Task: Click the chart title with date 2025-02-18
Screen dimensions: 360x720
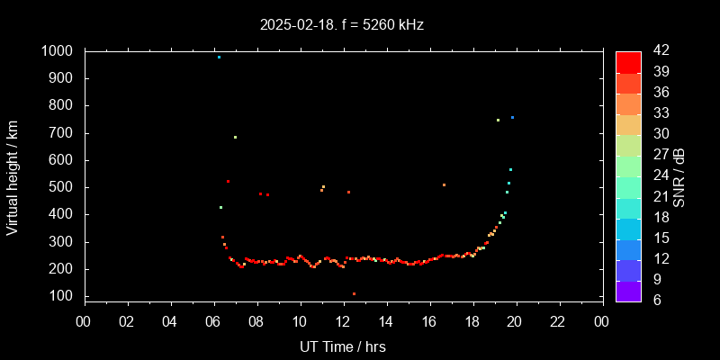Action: (x=341, y=24)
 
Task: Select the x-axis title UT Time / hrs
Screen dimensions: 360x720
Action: (x=343, y=346)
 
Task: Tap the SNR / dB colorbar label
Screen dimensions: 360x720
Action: (x=679, y=175)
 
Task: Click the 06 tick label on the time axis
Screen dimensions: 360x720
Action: (x=213, y=320)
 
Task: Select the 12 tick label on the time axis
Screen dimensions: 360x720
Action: (x=343, y=320)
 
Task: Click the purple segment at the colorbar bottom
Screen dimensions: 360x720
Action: (x=628, y=291)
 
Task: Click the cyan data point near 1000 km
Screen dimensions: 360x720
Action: (x=219, y=57)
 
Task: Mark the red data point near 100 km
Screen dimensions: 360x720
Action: (x=354, y=293)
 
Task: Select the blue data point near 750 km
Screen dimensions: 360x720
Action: (x=512, y=117)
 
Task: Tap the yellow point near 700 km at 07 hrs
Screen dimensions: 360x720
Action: (x=235, y=137)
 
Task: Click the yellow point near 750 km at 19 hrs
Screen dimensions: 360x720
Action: (x=498, y=120)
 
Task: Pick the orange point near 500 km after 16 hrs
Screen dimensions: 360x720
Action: (x=444, y=184)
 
